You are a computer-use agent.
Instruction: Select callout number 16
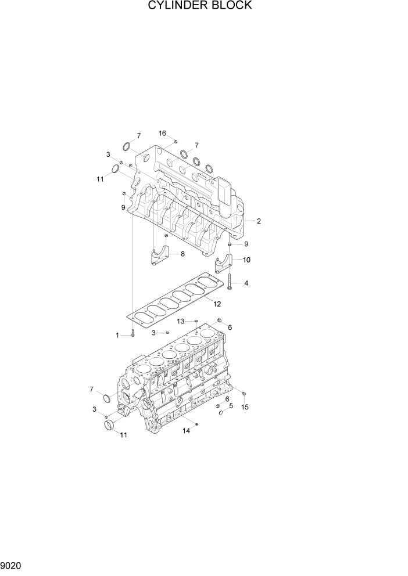[x=163, y=133]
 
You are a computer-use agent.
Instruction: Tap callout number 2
[x=259, y=221]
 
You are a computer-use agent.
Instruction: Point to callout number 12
[x=217, y=303]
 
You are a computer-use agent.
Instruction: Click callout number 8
[x=182, y=254]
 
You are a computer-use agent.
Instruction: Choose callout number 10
[x=246, y=260]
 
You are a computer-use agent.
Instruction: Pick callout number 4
[x=246, y=283]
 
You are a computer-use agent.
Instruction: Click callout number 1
[x=117, y=335]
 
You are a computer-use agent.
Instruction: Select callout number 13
[x=181, y=321]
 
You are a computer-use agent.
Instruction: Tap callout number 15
[x=245, y=408]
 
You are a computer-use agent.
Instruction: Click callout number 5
[x=231, y=406]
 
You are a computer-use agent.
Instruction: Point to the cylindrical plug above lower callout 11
[x=110, y=427]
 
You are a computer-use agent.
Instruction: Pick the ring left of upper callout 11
[x=116, y=169]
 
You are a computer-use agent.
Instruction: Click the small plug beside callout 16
[x=176, y=142]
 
